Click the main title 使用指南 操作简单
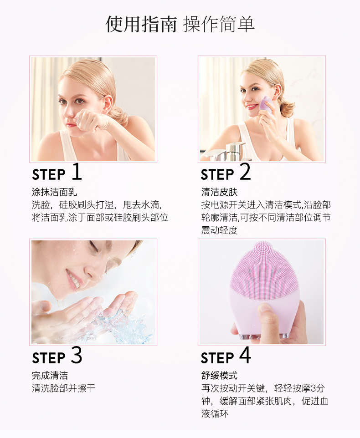(x=180, y=24)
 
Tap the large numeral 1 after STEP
(x=77, y=172)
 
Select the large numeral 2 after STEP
(x=245, y=172)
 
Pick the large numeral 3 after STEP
(x=76, y=355)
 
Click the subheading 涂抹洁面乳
(x=54, y=192)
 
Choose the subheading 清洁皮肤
(x=219, y=192)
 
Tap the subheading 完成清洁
(x=50, y=376)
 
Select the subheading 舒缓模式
(x=219, y=376)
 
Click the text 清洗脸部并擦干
(x=63, y=388)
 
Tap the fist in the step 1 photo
(x=89, y=121)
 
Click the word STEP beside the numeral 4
(x=217, y=358)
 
